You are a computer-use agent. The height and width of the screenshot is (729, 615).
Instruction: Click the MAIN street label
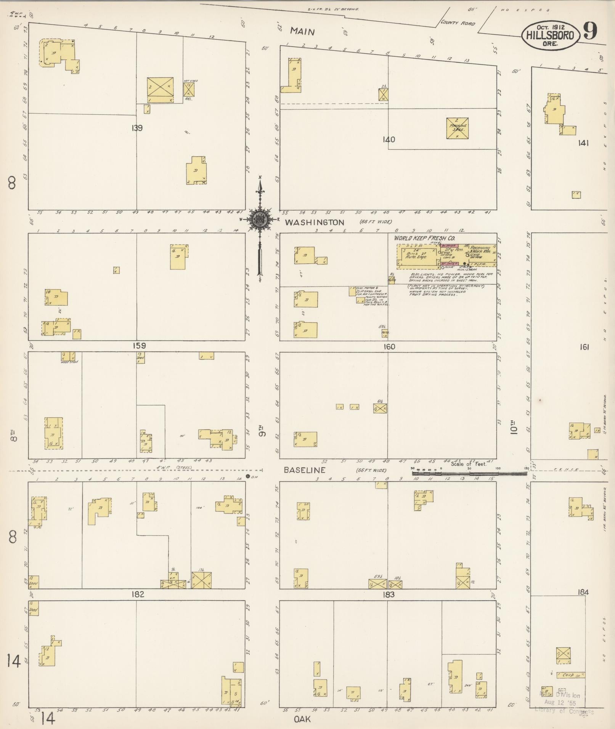(x=302, y=31)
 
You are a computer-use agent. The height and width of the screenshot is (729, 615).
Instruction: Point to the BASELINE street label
(x=305, y=470)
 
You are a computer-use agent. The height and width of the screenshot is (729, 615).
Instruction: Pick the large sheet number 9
(x=590, y=32)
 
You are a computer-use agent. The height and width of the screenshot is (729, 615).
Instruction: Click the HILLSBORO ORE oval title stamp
(x=550, y=35)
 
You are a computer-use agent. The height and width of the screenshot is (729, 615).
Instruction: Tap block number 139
(x=136, y=128)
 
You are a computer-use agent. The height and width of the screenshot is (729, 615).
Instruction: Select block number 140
(x=389, y=139)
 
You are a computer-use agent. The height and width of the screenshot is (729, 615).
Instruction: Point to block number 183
(x=389, y=595)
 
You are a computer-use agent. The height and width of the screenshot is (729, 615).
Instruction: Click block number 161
(x=584, y=347)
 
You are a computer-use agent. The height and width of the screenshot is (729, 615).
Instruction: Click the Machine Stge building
(x=457, y=128)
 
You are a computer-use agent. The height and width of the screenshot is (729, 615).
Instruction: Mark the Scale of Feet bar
(x=469, y=473)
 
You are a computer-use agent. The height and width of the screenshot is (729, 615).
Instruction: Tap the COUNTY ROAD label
(x=458, y=23)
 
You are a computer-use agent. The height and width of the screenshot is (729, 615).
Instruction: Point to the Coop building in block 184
(x=570, y=675)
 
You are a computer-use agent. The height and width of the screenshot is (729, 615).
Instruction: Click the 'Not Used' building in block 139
(x=189, y=90)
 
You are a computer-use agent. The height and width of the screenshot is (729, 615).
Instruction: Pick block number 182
(x=138, y=594)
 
